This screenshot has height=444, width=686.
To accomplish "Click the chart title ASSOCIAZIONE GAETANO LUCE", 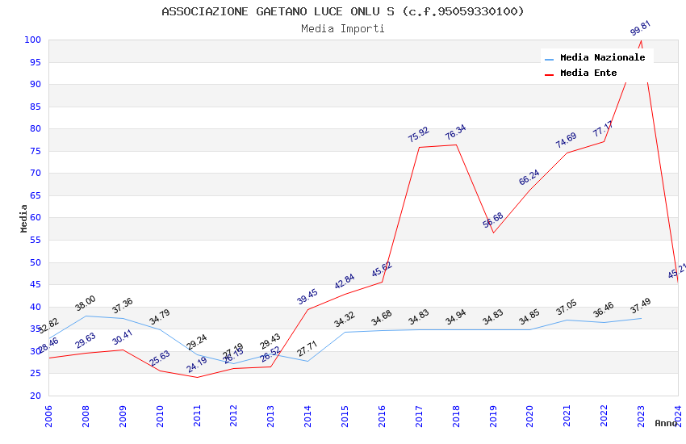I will pyautogui.click(x=343, y=11).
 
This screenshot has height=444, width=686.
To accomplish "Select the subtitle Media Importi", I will pyautogui.click(x=343, y=28).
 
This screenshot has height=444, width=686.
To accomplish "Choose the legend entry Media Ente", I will pyautogui.click(x=588, y=73).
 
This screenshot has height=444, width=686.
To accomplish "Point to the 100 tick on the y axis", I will pyautogui.click(x=33, y=40).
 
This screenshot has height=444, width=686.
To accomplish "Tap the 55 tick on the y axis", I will pyautogui.click(x=36, y=240).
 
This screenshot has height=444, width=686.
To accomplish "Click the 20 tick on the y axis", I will pyautogui.click(x=36, y=396).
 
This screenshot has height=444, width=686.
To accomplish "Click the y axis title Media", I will pyautogui.click(x=24, y=218).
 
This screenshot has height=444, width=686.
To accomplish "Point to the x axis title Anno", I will pyautogui.click(x=666, y=423).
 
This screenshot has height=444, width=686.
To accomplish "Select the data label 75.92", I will pyautogui.click(x=419, y=135).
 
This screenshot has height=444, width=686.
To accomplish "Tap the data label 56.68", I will pyautogui.click(x=493, y=220).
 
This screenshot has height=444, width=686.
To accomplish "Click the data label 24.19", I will pyautogui.click(x=197, y=365).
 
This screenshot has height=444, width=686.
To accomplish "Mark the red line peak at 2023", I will pyautogui.click(x=642, y=40).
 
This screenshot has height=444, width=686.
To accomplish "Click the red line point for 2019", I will pyautogui.click(x=493, y=232).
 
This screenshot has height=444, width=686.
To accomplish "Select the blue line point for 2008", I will pyautogui.click(x=86, y=316).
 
